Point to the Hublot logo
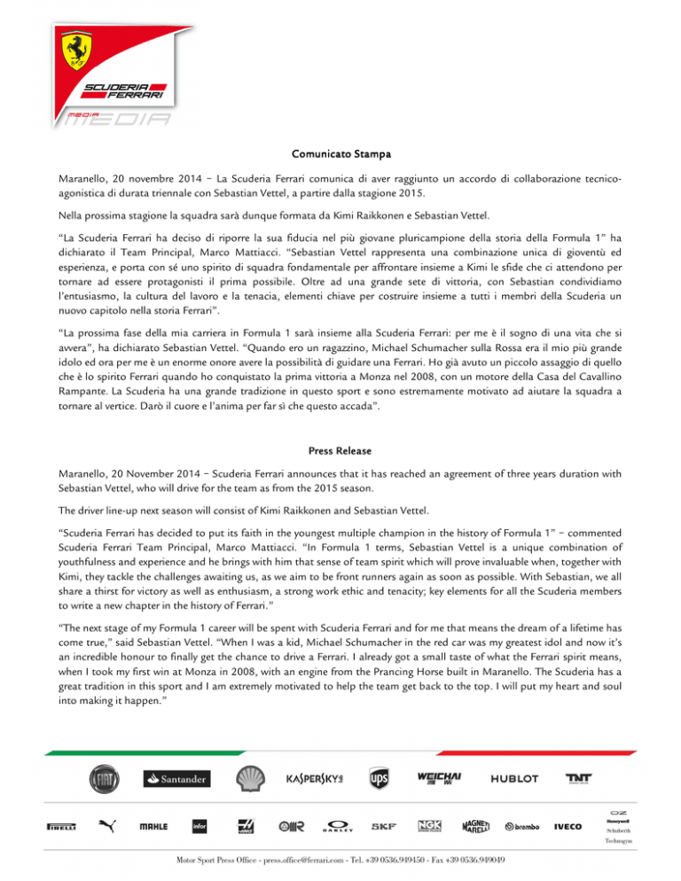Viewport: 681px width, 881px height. coord(513,778)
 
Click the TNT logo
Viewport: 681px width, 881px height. coord(579,777)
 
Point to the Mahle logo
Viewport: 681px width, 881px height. coord(153,827)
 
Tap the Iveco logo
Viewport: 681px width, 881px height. coord(568,827)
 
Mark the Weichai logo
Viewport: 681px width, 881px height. coord(441,777)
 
